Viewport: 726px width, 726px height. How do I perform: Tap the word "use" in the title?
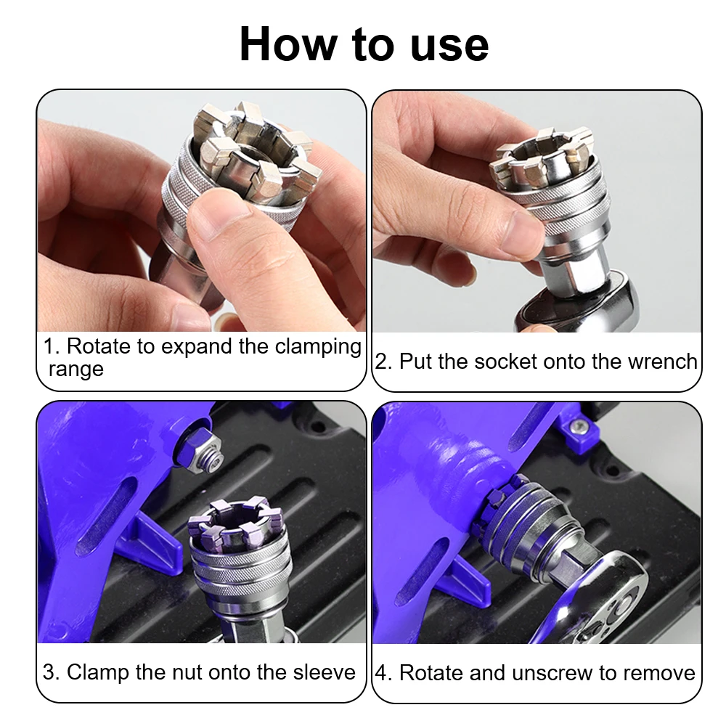pyautogui.click(x=449, y=46)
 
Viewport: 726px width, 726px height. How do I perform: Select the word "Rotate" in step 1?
pyautogui.click(x=99, y=346)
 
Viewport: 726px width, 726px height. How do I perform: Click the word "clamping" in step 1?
pyautogui.click(x=318, y=347)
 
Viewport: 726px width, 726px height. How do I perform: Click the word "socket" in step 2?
pyautogui.click(x=506, y=361)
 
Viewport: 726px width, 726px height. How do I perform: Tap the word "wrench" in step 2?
pyautogui.click(x=662, y=361)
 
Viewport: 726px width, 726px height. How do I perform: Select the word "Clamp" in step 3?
pyautogui.click(x=97, y=672)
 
